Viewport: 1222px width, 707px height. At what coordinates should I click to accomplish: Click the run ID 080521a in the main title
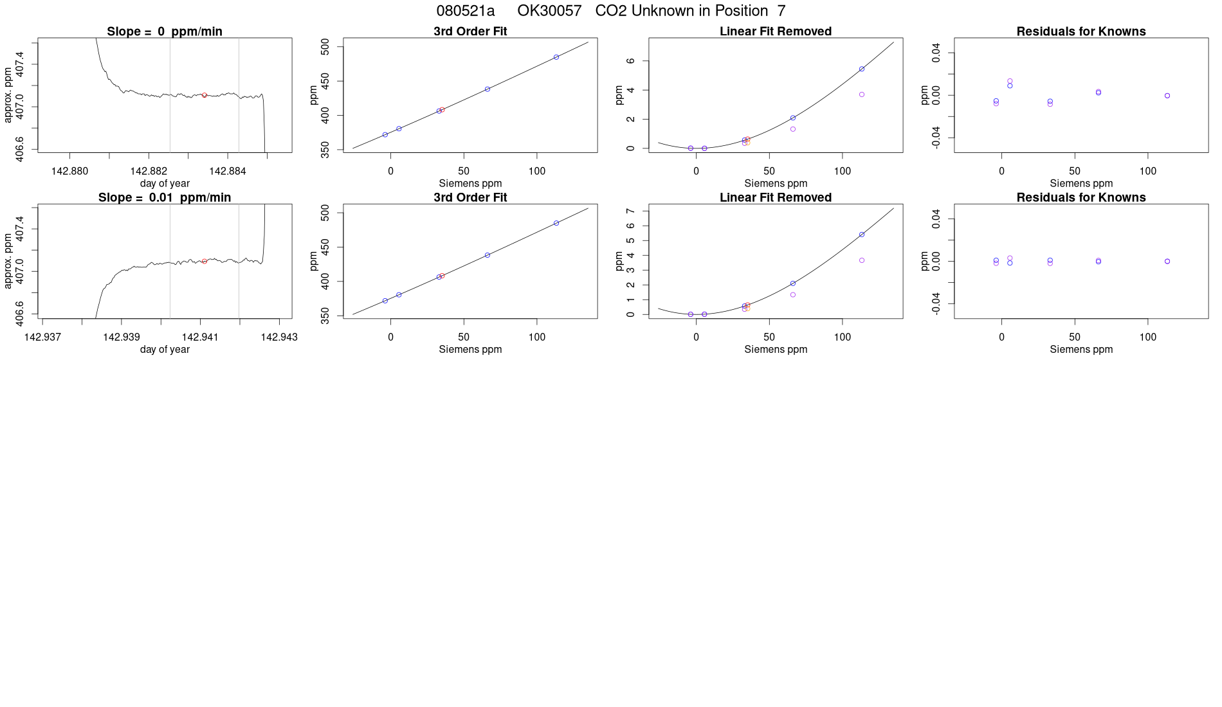coord(465,11)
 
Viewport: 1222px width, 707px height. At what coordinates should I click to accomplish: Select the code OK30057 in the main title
coord(549,11)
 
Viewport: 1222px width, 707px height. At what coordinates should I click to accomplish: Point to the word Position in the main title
coord(742,11)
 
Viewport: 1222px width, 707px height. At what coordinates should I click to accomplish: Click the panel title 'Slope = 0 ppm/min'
coord(165,31)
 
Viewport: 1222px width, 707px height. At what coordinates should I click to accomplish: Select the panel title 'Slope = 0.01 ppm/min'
coord(165,197)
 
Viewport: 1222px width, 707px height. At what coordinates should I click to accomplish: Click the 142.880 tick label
coord(69,171)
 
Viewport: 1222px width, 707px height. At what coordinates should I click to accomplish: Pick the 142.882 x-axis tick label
coord(149,171)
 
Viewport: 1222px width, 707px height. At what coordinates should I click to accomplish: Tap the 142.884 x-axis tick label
coord(228,171)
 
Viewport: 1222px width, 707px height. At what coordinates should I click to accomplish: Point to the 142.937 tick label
coord(42,337)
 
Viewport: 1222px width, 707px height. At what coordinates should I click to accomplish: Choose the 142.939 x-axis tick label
coord(122,337)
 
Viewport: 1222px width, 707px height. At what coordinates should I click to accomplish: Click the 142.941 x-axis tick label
coord(200,337)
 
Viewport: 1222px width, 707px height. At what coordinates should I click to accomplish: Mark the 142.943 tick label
coord(279,337)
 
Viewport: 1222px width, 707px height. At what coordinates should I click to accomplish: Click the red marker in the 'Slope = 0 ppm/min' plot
coord(205,95)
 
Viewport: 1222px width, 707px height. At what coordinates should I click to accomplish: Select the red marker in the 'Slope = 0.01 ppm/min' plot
coord(205,261)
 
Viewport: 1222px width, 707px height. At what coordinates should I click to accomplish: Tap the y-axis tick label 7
coord(630,211)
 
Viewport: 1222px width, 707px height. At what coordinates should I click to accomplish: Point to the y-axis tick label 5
coord(630,240)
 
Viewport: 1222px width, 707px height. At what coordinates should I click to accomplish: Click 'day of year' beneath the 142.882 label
coord(165,183)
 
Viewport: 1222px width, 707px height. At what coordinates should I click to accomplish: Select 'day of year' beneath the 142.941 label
coord(165,349)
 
